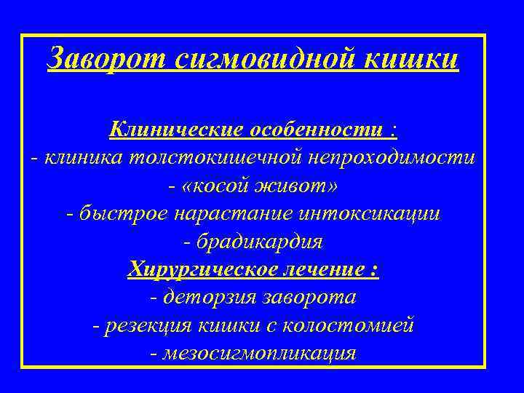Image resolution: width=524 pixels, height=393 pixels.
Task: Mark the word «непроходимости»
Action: (393, 158)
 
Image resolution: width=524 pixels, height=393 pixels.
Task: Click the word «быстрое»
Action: (116, 215)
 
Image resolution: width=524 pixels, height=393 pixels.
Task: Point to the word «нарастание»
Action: (226, 215)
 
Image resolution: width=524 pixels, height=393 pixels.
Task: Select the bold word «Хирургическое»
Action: (199, 270)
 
